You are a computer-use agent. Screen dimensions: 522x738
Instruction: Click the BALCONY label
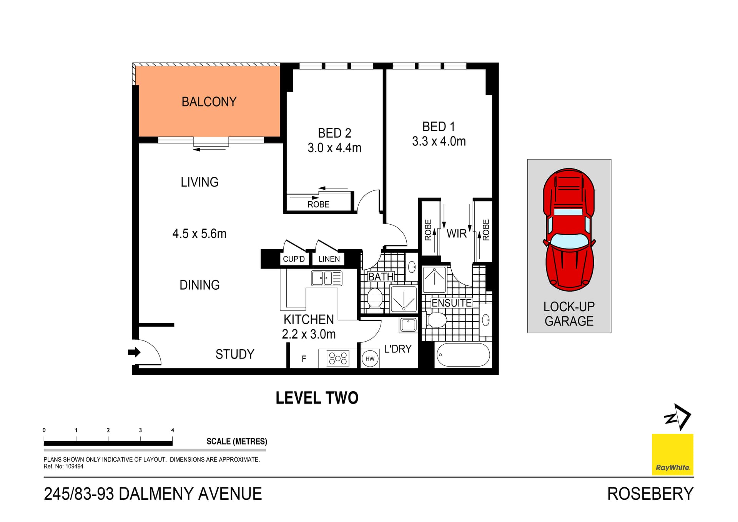click(209, 102)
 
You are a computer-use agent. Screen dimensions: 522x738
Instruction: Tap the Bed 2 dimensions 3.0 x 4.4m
click(334, 148)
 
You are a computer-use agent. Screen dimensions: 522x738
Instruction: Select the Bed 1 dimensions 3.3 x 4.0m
click(439, 141)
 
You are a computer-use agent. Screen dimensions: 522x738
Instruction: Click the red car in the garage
click(569, 229)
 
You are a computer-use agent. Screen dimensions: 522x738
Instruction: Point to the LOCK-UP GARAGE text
click(569, 314)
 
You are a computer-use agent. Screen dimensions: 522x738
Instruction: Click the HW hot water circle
click(370, 359)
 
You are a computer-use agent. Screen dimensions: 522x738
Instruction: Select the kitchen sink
click(326, 278)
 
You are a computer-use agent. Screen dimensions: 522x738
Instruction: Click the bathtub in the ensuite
click(463, 355)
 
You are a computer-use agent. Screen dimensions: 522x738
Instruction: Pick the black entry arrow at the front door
click(134, 352)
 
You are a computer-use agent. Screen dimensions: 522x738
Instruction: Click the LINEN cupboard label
click(329, 259)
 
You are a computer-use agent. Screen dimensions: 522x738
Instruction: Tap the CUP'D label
click(294, 259)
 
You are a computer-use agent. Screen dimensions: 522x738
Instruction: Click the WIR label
click(456, 233)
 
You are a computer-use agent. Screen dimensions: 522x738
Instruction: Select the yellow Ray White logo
click(672, 454)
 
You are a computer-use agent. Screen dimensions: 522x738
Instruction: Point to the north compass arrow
click(678, 417)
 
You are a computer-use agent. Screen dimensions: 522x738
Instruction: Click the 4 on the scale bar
click(173, 430)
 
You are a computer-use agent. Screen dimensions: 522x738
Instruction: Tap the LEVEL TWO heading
click(317, 398)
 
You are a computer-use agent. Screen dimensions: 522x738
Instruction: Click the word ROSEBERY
click(650, 494)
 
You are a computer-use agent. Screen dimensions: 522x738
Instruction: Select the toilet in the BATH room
click(374, 298)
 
